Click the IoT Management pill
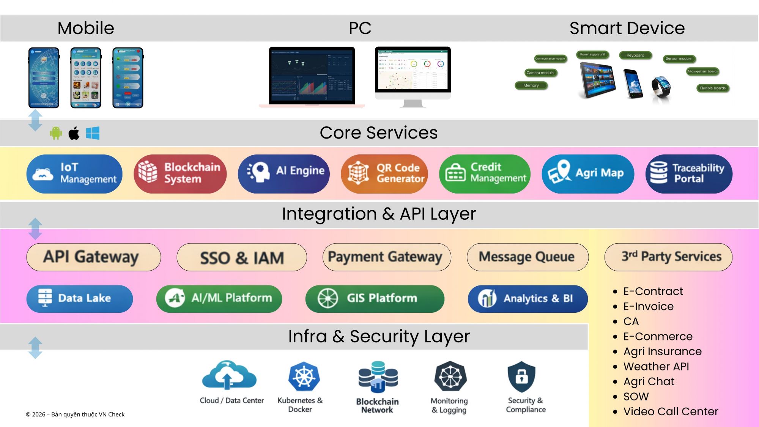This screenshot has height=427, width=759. [74, 174]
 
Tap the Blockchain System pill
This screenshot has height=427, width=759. [180, 174]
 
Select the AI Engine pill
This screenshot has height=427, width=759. [283, 174]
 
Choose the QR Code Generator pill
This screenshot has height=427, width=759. [384, 174]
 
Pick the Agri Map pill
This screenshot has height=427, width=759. [588, 174]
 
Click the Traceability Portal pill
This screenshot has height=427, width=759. [689, 174]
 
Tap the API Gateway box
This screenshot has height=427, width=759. [93, 257]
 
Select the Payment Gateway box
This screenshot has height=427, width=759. [386, 257]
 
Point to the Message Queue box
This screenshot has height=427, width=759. [528, 257]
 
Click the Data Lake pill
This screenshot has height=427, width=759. [79, 299]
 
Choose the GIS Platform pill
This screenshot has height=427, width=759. [375, 299]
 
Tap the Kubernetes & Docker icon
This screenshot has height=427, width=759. [304, 377]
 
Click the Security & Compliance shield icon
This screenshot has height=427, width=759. [521, 377]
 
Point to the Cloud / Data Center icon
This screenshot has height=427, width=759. [229, 376]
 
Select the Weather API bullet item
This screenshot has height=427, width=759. [656, 367]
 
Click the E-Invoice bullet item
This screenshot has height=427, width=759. [648, 306]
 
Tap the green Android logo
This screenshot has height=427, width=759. [56, 133]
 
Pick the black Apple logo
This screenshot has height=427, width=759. [74, 133]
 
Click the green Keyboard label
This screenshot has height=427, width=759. [635, 55]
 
